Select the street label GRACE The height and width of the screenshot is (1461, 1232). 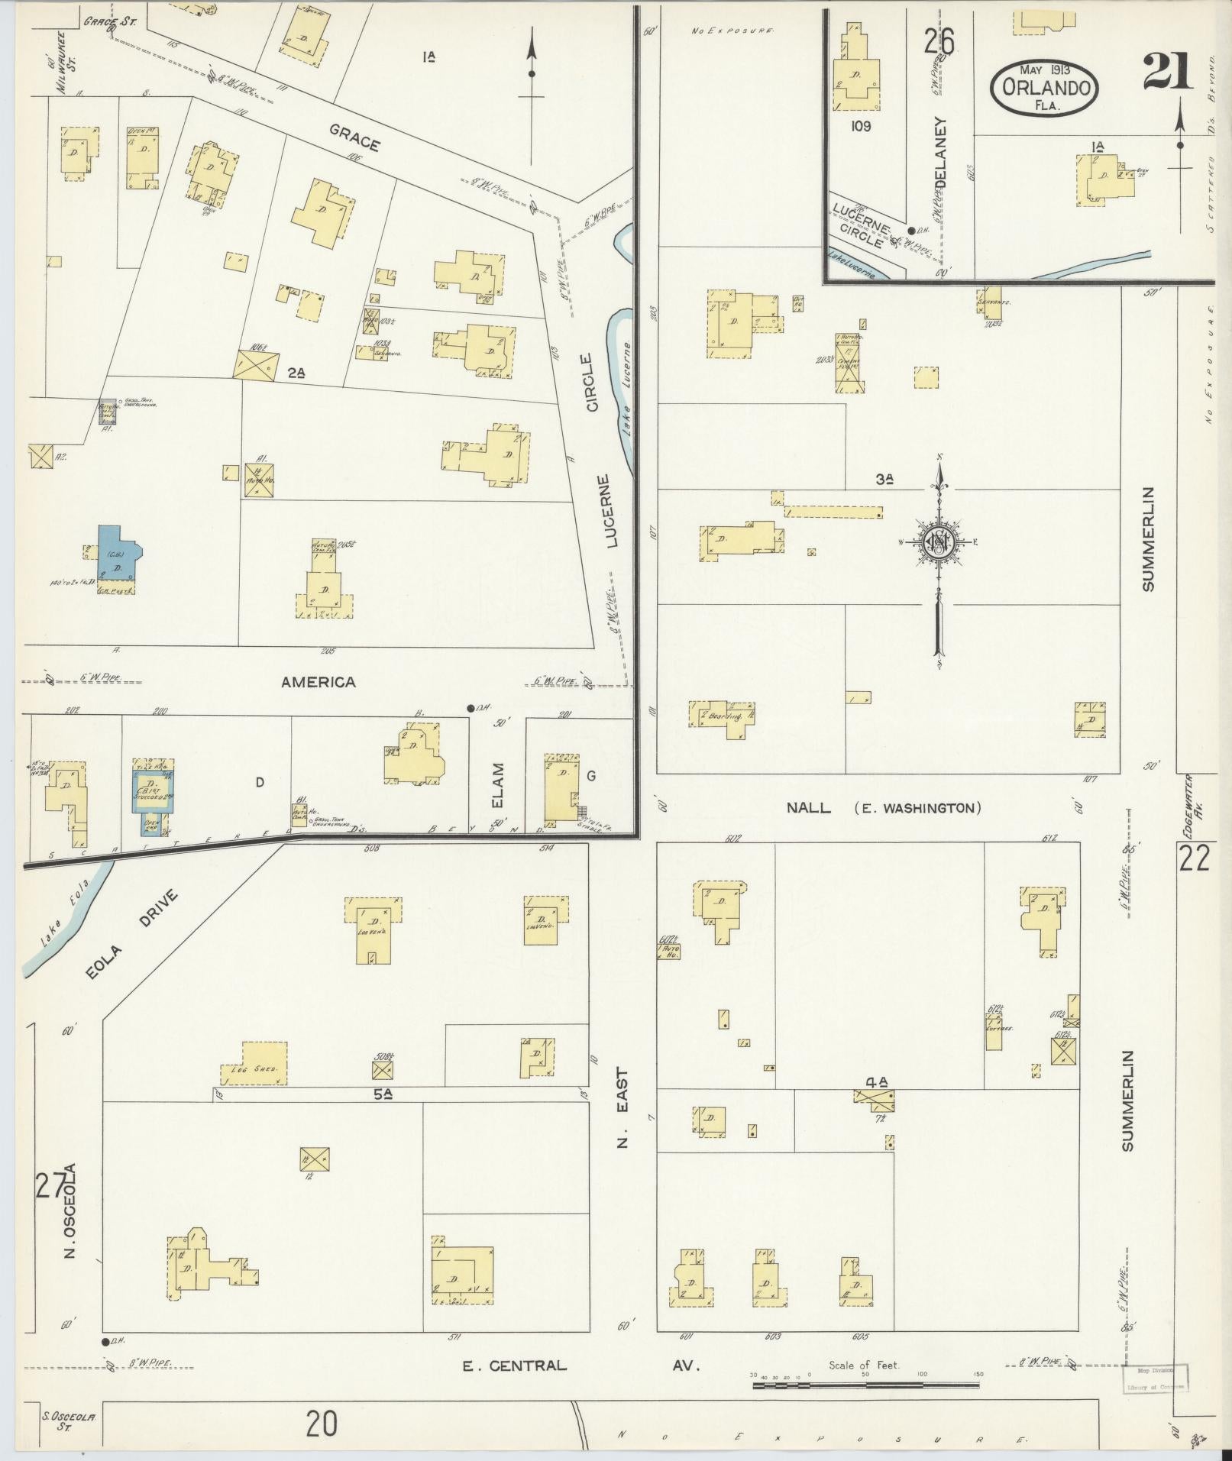[x=354, y=138]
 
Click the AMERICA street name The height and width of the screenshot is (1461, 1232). [x=319, y=682]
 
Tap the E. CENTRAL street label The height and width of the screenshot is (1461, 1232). [x=515, y=1365]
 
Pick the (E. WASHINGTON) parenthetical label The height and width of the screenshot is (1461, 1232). [x=917, y=808]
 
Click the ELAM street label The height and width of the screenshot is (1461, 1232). [x=498, y=786]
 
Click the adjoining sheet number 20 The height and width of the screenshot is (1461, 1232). [x=322, y=1424]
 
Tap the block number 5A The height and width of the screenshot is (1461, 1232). [x=383, y=1094]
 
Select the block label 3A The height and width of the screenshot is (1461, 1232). [x=884, y=480]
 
